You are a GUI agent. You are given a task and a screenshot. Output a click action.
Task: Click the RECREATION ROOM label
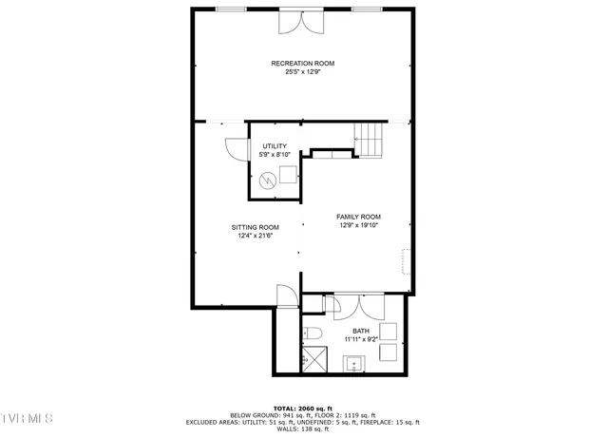pyautogui.click(x=302, y=64)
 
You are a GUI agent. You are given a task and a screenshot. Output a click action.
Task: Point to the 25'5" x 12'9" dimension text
pyautogui.click(x=302, y=72)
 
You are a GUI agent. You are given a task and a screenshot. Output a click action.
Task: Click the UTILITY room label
pyautogui.click(x=275, y=146)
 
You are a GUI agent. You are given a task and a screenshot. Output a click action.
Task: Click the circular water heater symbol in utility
pyautogui.click(x=270, y=179)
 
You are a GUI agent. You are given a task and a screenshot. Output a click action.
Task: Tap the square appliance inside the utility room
pyautogui.click(x=288, y=174)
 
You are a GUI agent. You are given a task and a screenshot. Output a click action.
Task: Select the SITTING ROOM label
pyautogui.click(x=256, y=227)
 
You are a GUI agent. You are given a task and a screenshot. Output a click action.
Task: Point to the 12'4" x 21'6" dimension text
pyautogui.click(x=256, y=236)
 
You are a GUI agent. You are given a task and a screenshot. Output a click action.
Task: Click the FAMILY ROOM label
pyautogui.click(x=358, y=217)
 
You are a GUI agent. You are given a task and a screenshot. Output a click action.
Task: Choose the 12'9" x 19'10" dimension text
pyautogui.click(x=358, y=225)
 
